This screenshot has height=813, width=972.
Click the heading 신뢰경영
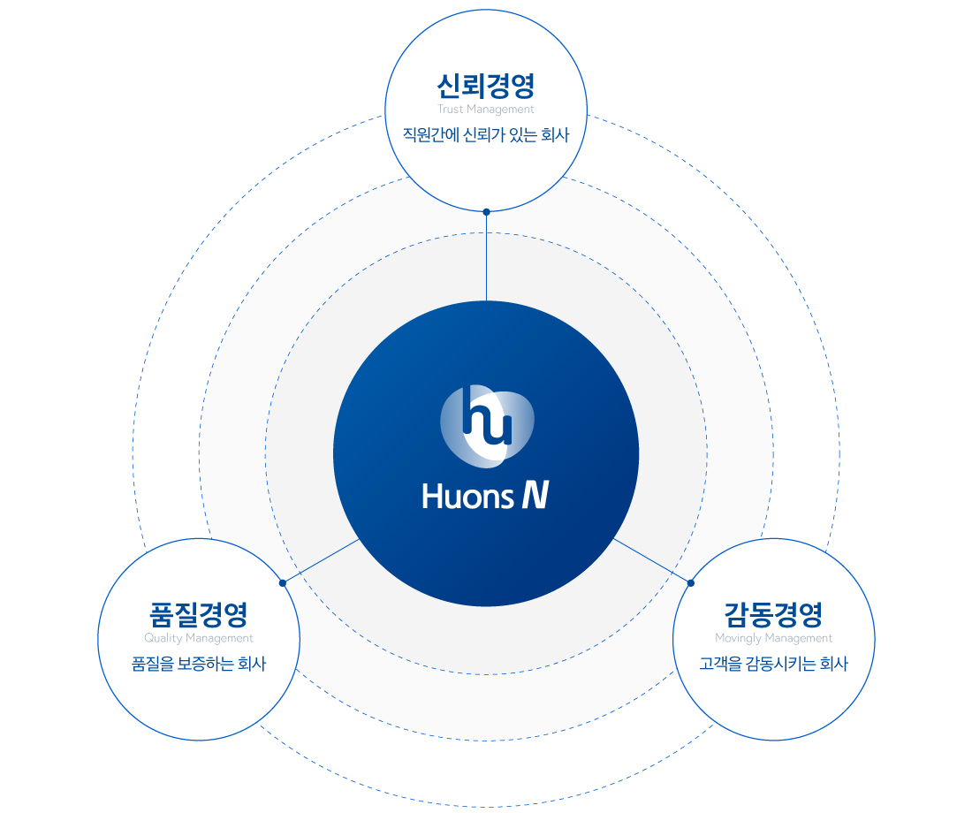(x=486, y=86)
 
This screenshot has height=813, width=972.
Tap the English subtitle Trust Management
(x=486, y=110)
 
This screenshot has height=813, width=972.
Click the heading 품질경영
(x=198, y=613)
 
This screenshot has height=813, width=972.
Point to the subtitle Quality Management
(x=198, y=638)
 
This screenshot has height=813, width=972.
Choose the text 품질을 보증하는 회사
(x=198, y=664)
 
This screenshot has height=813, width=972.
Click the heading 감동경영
(x=774, y=613)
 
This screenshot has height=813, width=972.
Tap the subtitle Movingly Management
(x=774, y=638)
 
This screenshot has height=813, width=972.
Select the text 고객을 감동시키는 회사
(x=774, y=664)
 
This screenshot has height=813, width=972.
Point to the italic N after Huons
(x=534, y=496)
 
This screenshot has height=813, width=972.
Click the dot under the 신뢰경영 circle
(x=486, y=212)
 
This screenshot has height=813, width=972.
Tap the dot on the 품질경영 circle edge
(x=282, y=582)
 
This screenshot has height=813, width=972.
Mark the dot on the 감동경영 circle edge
(x=691, y=582)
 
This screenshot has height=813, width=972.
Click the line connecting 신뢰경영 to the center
(x=486, y=256)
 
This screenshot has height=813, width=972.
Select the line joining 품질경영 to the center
(x=321, y=560)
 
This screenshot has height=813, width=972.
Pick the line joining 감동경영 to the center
(x=652, y=560)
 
